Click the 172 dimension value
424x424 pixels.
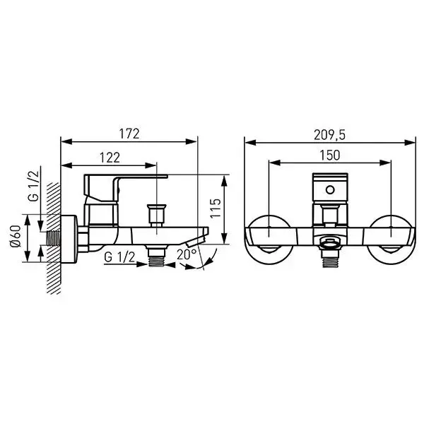tap(129, 133)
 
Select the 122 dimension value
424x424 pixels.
tap(109, 158)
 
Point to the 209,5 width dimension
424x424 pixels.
tap(329, 133)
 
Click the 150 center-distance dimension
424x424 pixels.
tap(329, 155)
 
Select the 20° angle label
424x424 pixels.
tap(187, 255)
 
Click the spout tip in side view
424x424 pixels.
tap(205, 233)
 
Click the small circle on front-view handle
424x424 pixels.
tap(329, 191)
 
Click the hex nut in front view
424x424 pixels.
tap(329, 245)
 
